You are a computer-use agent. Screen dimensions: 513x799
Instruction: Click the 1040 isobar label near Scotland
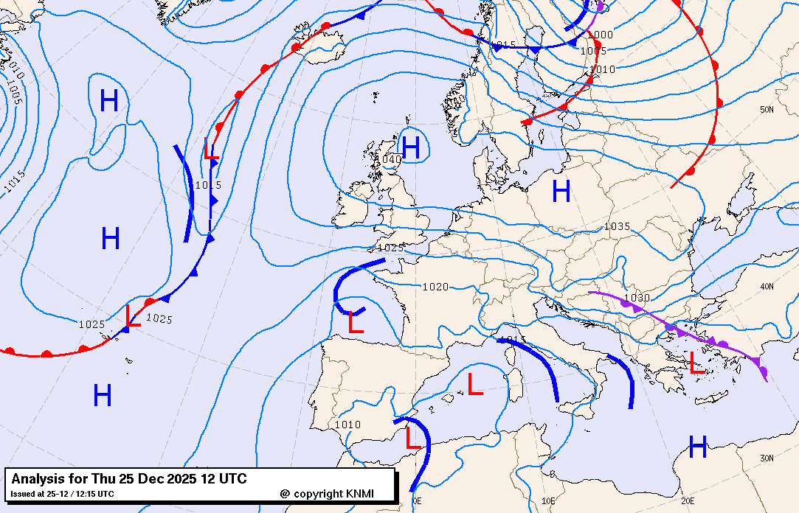pos(389,159)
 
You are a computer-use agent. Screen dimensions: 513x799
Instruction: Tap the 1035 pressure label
pos(617,226)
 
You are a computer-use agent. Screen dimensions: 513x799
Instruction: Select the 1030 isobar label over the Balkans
pos(637,298)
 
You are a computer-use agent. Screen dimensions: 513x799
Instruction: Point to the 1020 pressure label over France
pos(435,286)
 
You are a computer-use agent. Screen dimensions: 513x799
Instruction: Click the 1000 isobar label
pos(600,35)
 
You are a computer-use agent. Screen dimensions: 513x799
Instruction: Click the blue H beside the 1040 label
pos(411,148)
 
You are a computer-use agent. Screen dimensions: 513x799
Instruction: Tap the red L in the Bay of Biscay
pos(356,322)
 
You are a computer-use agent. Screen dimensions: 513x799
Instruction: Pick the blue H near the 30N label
pos(697,444)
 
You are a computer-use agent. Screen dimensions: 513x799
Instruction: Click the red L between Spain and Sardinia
pos(475,383)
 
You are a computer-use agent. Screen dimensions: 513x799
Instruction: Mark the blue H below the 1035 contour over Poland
pos(561,192)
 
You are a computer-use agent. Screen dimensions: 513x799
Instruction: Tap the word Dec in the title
pos(142,479)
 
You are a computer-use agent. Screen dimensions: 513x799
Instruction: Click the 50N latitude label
pos(767,109)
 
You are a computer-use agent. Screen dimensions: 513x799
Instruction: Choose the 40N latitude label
pos(767,286)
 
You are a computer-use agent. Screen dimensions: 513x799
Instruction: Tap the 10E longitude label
pos(548,500)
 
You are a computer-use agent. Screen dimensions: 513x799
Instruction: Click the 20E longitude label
pos(688,500)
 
